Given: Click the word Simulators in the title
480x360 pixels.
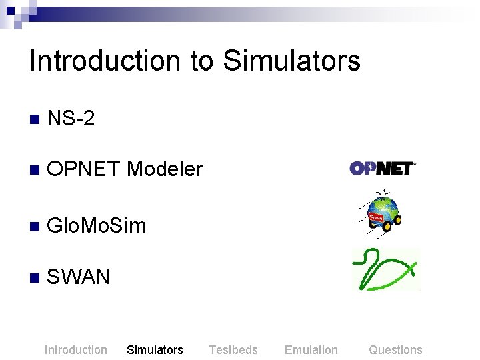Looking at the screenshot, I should click(x=291, y=61).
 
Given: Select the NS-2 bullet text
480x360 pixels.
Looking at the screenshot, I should click(x=71, y=119).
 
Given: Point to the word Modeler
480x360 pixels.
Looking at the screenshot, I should click(x=165, y=169).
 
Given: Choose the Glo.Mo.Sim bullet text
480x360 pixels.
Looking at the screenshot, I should click(x=97, y=225).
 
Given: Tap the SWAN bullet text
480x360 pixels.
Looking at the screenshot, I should click(x=79, y=276).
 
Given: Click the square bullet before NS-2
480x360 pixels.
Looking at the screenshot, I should click(x=34, y=120).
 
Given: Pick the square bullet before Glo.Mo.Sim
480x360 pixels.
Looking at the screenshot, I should click(x=34, y=227).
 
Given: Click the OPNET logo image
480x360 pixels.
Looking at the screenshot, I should click(x=383, y=168).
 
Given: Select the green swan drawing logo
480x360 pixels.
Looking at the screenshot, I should click(x=386, y=269).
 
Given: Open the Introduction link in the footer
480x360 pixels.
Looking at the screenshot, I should click(x=75, y=350).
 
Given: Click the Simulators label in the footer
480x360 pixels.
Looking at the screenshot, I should click(x=155, y=350).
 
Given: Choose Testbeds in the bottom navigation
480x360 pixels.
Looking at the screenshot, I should click(x=233, y=350).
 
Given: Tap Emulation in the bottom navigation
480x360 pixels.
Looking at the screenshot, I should click(x=311, y=350).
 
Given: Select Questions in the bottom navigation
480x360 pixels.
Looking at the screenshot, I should click(x=395, y=350).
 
